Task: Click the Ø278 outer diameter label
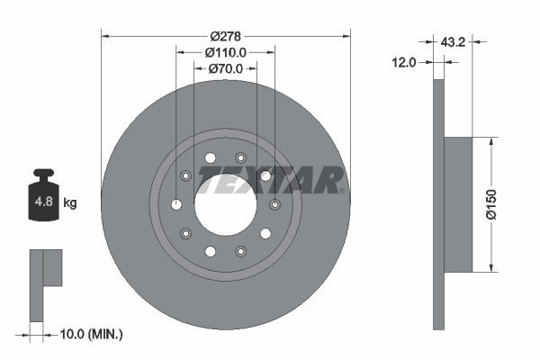pyautogui.click(x=225, y=36)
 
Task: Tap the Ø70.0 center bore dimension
pyautogui.click(x=225, y=68)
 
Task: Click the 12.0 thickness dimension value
pyautogui.click(x=405, y=62)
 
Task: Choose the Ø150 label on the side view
pyautogui.click(x=491, y=204)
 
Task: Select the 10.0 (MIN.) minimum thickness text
pyautogui.click(x=89, y=334)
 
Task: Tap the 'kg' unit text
pyautogui.click(x=70, y=203)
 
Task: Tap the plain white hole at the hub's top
pyautogui.click(x=211, y=158)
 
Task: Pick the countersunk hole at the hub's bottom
pyautogui.click(x=240, y=251)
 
